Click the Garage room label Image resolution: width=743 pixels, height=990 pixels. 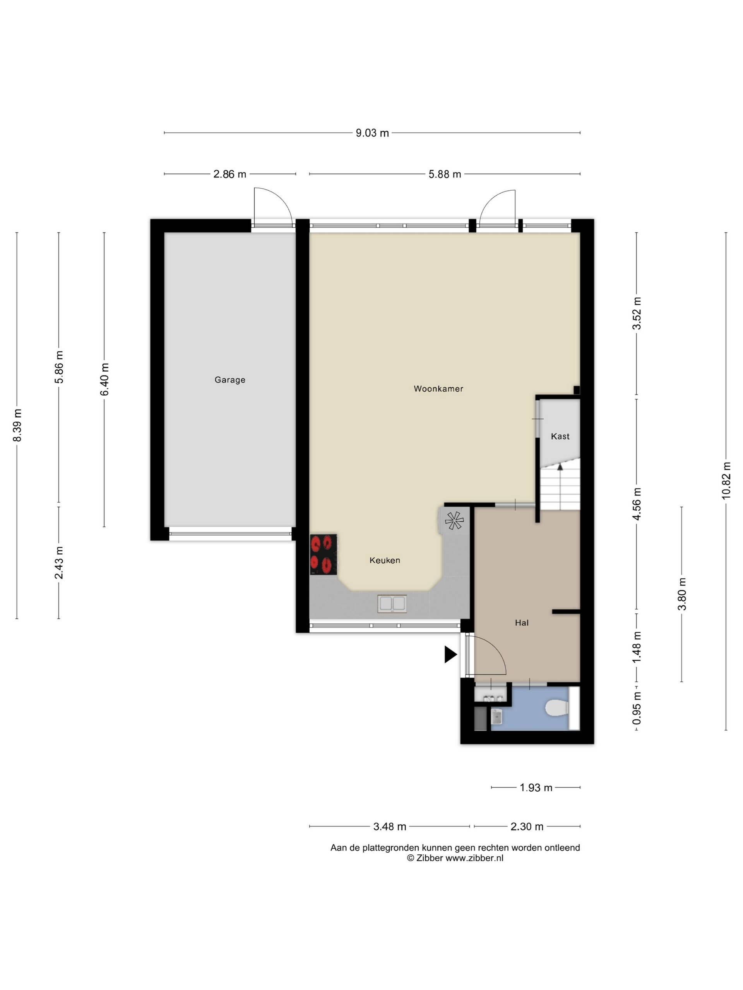coord(230,379)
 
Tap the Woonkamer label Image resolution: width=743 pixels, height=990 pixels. coord(438,389)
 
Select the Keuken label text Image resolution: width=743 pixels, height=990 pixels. coord(385,560)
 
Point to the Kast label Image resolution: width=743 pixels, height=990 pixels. coord(560,436)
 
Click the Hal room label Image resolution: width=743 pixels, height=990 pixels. coord(522,623)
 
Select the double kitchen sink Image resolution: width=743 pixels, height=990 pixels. coord(392,604)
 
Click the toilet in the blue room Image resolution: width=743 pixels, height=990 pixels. coord(557,708)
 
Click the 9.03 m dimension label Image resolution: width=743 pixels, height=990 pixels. coord(372,133)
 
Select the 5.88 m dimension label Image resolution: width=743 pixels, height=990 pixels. coord(445,174)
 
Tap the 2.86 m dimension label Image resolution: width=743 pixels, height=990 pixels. coord(229,174)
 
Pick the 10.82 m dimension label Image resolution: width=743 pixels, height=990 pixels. coord(726,481)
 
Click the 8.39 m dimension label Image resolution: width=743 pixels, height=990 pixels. coord(17,425)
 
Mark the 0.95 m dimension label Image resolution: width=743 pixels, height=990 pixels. coord(637,708)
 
